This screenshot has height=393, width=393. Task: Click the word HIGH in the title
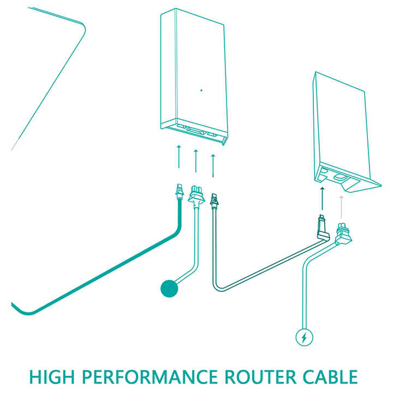tap(52, 377)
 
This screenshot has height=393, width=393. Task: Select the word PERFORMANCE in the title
tap(150, 377)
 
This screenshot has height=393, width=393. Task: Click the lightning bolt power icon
tap(304, 337)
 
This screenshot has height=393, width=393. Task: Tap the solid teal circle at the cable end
tap(169, 288)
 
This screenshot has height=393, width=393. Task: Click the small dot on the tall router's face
tap(201, 90)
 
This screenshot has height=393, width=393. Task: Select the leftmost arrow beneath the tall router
tap(178, 157)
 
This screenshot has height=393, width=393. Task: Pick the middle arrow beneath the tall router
tap(196, 161)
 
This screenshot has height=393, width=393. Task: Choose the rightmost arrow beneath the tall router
tap(213, 165)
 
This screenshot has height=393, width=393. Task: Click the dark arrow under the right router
tap(323, 199)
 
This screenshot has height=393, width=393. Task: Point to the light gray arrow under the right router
tap(341, 207)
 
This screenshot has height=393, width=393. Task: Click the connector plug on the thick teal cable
tap(180, 192)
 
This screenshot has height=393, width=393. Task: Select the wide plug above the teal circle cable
tap(196, 195)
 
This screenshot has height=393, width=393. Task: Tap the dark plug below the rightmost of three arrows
tap(214, 201)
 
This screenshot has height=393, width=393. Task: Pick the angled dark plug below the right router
tap(323, 228)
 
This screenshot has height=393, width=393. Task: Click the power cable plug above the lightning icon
tap(342, 233)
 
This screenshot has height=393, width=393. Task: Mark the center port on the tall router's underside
tap(196, 130)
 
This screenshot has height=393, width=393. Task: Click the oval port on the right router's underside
tap(340, 177)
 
